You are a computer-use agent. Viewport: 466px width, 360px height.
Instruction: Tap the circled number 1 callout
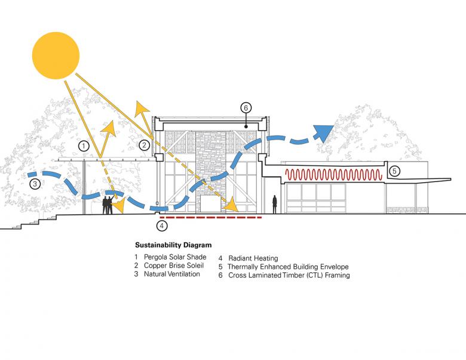point(84,145)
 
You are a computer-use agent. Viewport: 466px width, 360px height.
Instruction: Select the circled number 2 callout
point(144,145)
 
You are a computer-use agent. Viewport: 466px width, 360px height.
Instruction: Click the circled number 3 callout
point(35,184)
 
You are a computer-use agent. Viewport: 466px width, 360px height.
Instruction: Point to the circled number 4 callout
point(161,226)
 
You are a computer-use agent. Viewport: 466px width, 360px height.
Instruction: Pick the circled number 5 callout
point(394,171)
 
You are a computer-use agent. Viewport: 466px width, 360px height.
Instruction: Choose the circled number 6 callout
point(246,108)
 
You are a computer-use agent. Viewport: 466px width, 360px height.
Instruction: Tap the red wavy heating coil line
point(333,175)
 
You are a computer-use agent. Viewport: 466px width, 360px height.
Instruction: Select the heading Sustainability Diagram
point(173,245)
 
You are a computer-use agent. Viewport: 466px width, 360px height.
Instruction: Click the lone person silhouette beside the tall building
point(275,204)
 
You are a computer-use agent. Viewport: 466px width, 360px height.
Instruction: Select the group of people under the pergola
point(108,204)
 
